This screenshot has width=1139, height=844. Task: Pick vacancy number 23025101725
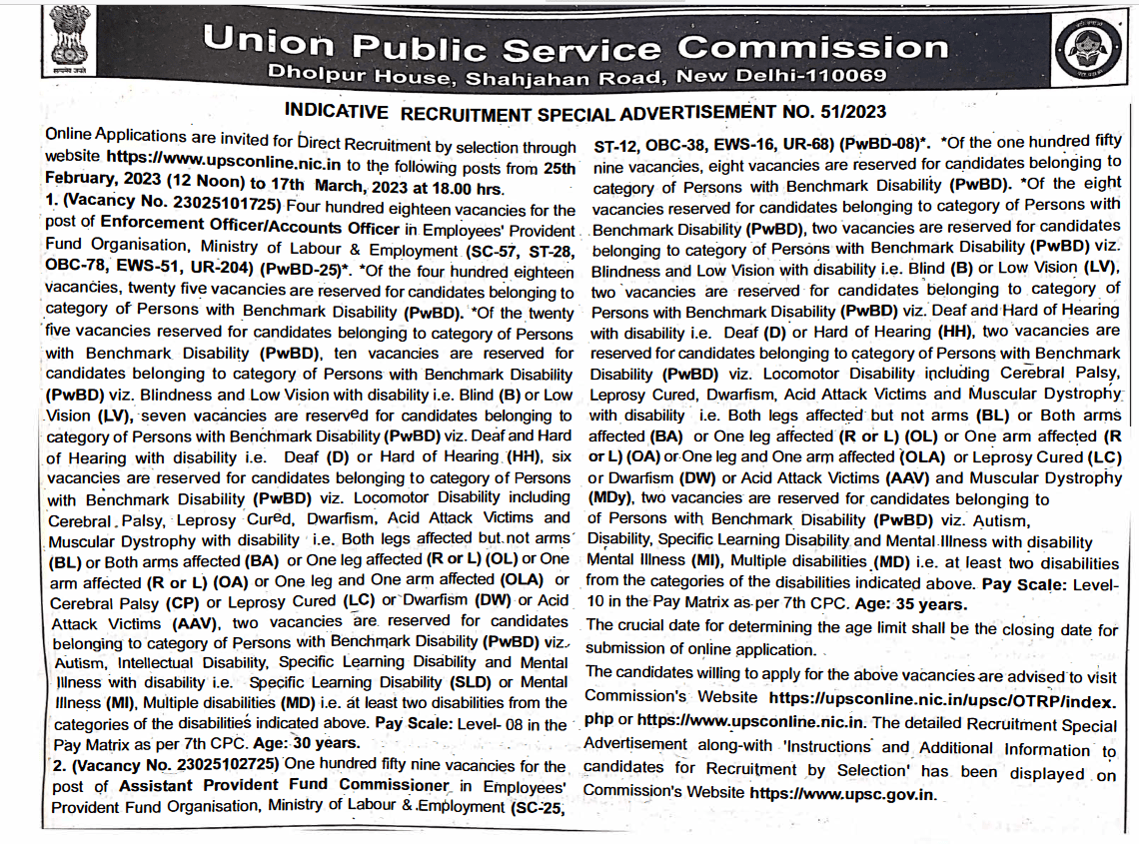pos(217,208)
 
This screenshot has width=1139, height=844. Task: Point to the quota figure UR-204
pos(225,271)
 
